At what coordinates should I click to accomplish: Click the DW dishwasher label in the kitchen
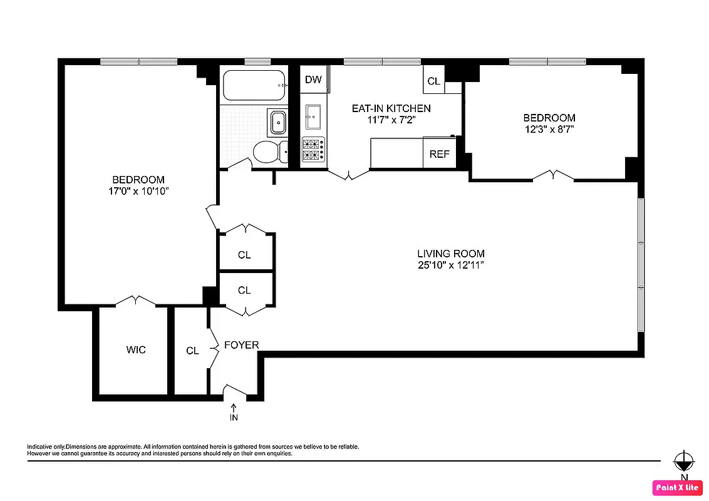click(x=313, y=80)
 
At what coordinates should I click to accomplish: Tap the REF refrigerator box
click(x=439, y=154)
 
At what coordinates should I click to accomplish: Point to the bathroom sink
click(x=277, y=122)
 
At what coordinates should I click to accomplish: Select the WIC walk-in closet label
click(x=136, y=349)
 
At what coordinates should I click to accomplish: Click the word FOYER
click(x=241, y=345)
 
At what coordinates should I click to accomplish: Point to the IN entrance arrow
click(x=234, y=413)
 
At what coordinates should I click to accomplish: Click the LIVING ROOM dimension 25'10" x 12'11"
click(x=451, y=266)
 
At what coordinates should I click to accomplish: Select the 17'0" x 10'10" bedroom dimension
click(x=138, y=191)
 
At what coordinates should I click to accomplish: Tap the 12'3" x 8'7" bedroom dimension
click(x=549, y=129)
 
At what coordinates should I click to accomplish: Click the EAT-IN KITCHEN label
click(x=391, y=108)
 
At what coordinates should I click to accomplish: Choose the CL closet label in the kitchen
click(x=433, y=81)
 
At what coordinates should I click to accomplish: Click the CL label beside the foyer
click(x=192, y=351)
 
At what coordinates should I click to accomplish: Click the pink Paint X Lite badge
click(x=676, y=487)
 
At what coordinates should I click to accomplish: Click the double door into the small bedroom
click(x=553, y=175)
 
